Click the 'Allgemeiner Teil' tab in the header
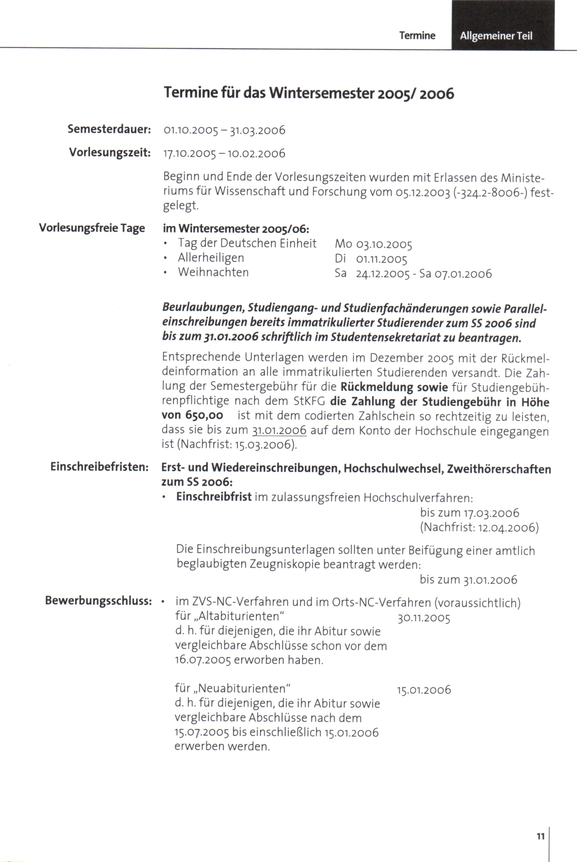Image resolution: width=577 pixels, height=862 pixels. [x=496, y=36]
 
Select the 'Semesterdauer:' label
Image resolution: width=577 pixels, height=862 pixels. [x=109, y=129]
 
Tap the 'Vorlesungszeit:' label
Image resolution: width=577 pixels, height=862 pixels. [x=110, y=152]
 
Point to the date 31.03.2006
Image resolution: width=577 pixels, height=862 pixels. [x=257, y=130]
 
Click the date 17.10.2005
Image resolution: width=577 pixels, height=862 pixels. [x=189, y=153]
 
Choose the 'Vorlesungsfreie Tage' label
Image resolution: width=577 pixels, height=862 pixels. [x=92, y=228]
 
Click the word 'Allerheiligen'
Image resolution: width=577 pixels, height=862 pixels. [x=211, y=258]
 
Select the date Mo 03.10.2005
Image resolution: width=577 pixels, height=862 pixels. [x=373, y=244]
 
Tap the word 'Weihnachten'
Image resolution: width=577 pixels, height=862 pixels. [x=213, y=272]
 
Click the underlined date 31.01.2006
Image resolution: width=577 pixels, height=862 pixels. [x=279, y=430]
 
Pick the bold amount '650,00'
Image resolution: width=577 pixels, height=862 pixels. [x=204, y=415]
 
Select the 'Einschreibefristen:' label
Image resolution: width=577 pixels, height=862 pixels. [x=100, y=467]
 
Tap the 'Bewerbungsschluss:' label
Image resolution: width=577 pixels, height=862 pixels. [x=98, y=601]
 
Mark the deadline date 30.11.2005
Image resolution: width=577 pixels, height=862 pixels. [x=424, y=619]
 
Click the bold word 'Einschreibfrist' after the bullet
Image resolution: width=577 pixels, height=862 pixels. [x=214, y=497]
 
